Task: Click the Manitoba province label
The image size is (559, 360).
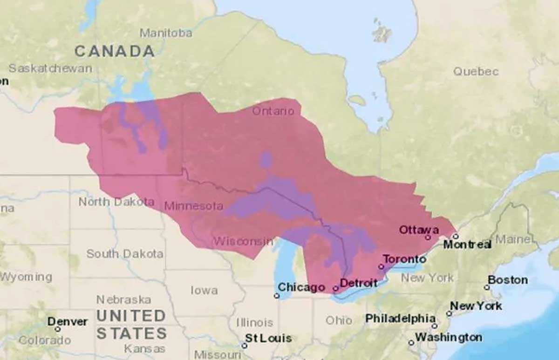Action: (x=166, y=33)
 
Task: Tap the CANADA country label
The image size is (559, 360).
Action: (x=115, y=51)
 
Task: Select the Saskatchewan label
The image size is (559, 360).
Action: (x=50, y=68)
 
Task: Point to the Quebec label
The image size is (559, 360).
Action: (x=476, y=72)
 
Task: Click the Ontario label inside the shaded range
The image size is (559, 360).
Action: (x=273, y=111)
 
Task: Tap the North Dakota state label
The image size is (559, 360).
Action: (x=116, y=202)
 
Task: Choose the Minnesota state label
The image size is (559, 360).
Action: (x=193, y=206)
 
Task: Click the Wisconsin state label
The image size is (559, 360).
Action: (x=243, y=241)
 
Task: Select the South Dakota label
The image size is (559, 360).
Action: (x=124, y=254)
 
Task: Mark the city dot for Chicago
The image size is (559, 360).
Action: (x=277, y=296)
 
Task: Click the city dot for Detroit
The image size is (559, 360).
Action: (x=335, y=289)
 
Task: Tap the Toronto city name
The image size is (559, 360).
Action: (x=404, y=259)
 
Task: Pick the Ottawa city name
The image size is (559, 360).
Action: (x=419, y=230)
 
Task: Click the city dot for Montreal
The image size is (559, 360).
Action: (x=456, y=236)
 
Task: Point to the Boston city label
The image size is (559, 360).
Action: (x=508, y=280)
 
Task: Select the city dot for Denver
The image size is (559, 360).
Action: (x=57, y=329)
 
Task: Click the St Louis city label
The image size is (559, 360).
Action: (x=268, y=338)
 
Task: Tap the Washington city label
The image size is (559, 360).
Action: (x=449, y=337)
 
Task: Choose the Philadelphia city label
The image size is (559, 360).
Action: (x=400, y=319)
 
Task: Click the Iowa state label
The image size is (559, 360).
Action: (x=204, y=290)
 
